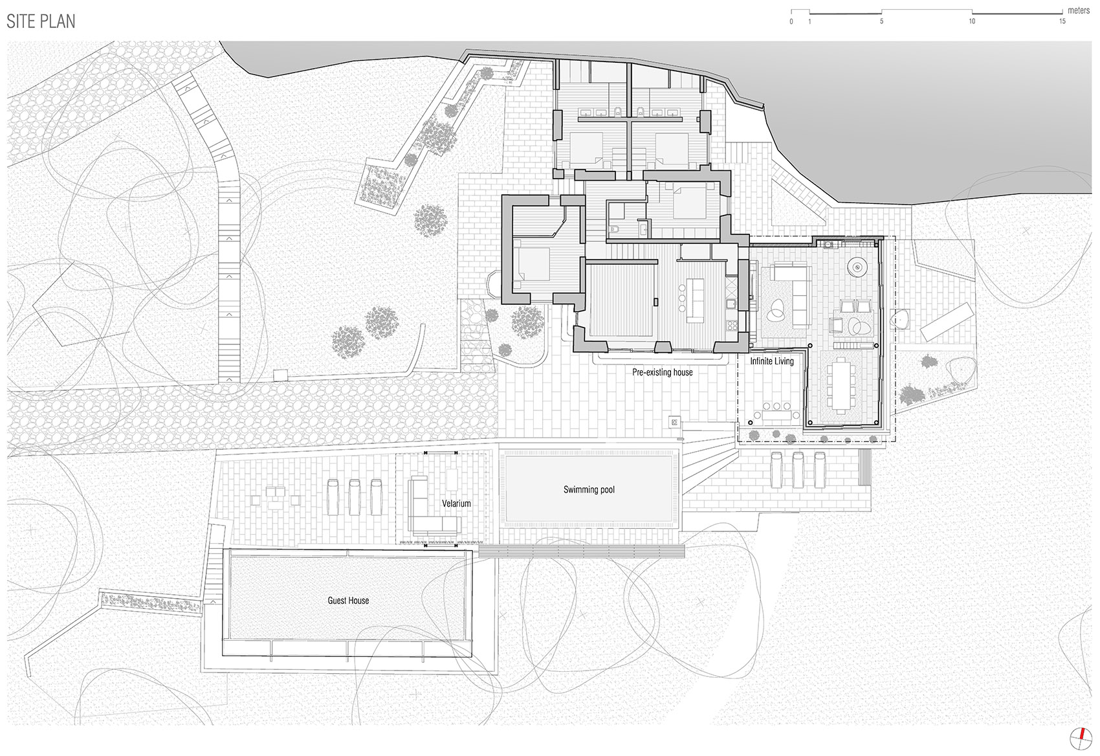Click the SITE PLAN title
(41, 21)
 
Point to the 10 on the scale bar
(971, 21)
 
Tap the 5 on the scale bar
(881, 21)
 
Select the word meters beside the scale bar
(1079, 10)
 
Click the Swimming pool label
(589, 489)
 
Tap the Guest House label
(348, 601)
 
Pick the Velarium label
(456, 504)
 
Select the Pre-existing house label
(662, 372)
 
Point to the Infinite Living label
(772, 361)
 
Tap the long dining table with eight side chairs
(841, 384)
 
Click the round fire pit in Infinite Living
(858, 266)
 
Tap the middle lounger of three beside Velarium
(355, 496)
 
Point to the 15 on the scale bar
(1062, 21)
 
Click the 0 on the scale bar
(791, 21)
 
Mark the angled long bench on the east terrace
(947, 321)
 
